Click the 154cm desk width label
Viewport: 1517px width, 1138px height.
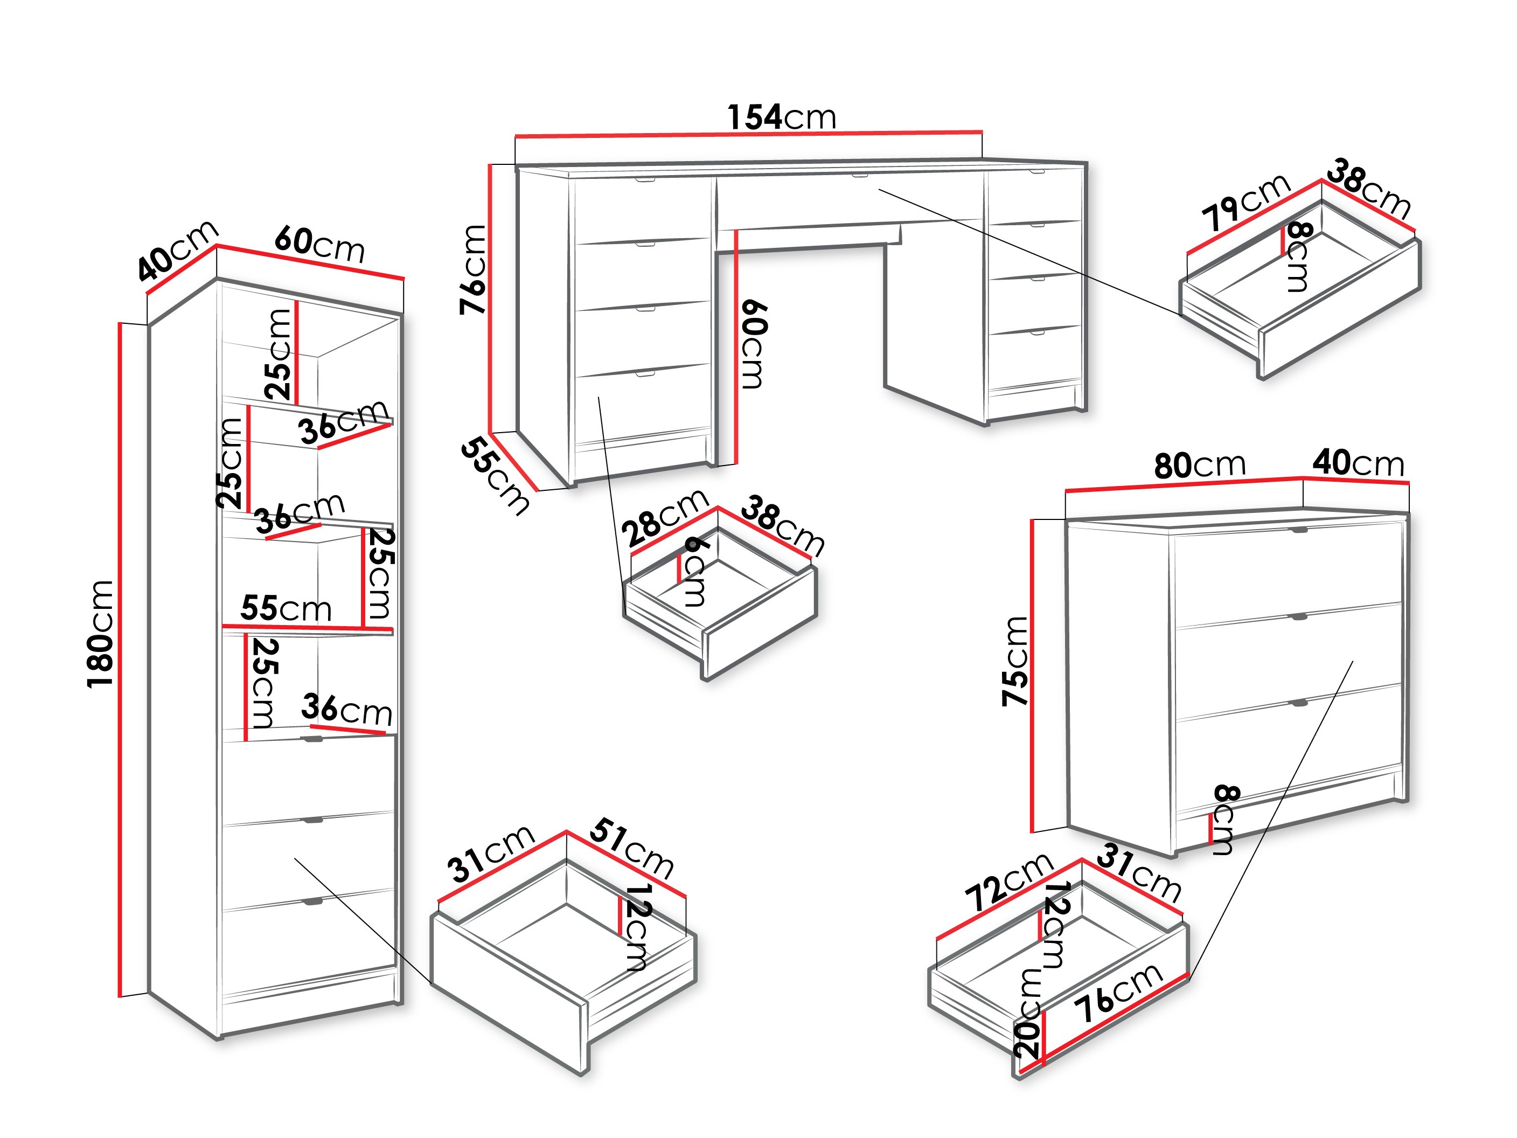(781, 117)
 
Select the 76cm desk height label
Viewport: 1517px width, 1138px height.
(473, 269)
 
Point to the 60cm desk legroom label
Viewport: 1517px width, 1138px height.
(753, 344)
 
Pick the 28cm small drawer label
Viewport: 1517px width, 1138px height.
(663, 517)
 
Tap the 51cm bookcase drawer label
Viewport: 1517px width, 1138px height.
(631, 848)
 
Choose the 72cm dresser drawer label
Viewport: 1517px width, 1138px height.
(1008, 882)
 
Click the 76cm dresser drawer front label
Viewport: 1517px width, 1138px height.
(1118, 992)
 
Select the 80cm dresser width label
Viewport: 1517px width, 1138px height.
(1200, 465)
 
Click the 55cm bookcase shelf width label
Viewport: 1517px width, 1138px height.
(286, 608)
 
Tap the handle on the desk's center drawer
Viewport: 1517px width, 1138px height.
(859, 176)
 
